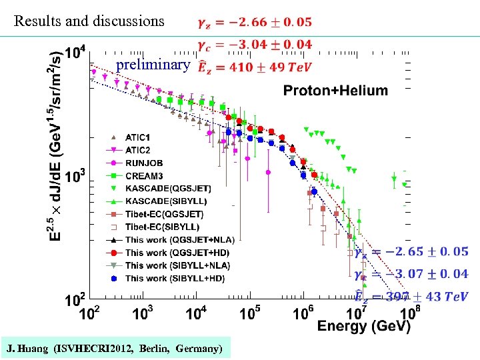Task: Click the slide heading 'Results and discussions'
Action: [89, 21]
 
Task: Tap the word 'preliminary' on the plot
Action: [153, 65]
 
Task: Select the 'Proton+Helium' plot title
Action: [335, 91]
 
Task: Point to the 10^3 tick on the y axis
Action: [75, 178]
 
